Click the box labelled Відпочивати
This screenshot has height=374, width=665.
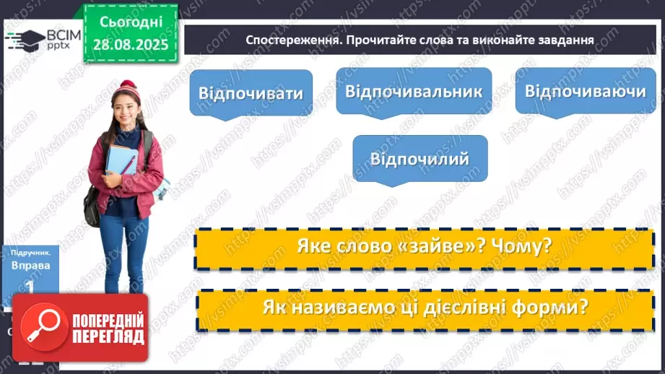(251, 93)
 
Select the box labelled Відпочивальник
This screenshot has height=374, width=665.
(414, 91)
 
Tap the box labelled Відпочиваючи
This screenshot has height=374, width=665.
(585, 91)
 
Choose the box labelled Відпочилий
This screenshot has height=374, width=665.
(420, 158)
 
